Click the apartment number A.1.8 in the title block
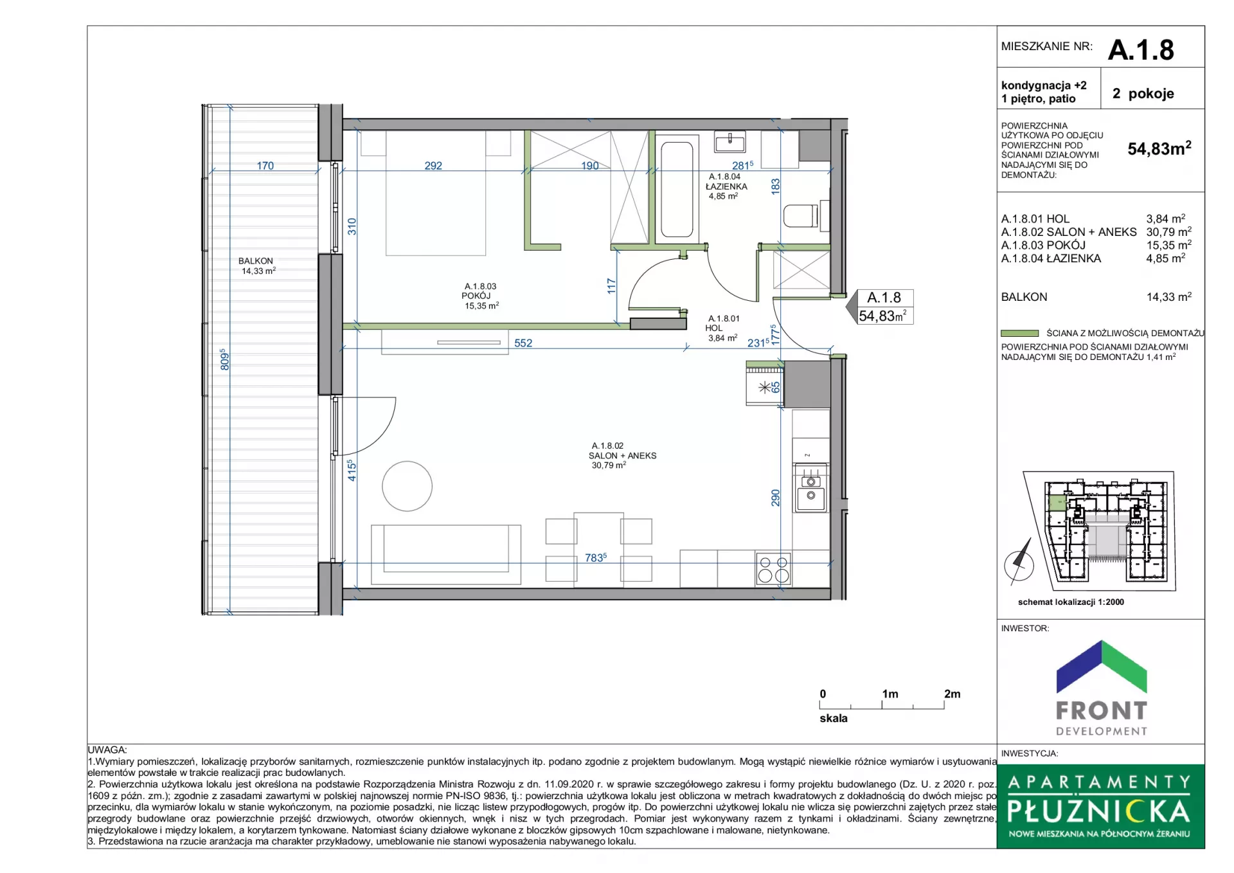coord(1141,50)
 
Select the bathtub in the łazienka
coord(677,190)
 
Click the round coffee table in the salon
coord(407,486)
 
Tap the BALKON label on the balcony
coord(256,261)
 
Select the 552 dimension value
coord(523,343)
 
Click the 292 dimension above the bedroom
coord(433,165)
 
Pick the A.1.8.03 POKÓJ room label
coord(480,291)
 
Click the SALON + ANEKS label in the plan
coord(622,455)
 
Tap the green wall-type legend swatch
coord(1019,333)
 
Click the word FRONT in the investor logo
coord(1102,710)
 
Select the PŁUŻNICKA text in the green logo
coord(1099,811)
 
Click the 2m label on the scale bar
coord(952,694)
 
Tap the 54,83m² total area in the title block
coord(1159,148)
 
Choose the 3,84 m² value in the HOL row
coord(1166,219)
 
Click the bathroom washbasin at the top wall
coord(730,141)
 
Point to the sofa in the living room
coord(446,554)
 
